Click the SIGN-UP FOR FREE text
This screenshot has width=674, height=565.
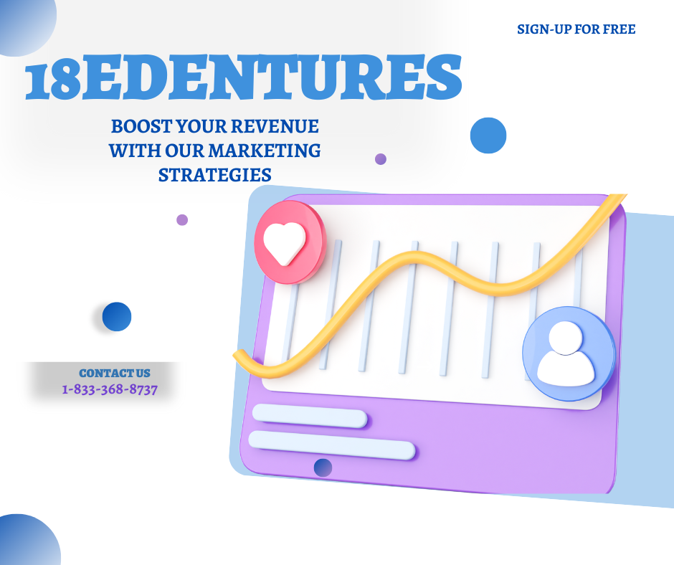click(576, 29)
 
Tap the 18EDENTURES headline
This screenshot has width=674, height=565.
click(243, 77)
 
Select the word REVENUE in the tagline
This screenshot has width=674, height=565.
click(275, 126)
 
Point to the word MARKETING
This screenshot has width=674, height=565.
click(265, 151)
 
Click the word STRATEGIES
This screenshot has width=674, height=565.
click(215, 175)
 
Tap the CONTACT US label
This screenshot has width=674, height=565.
click(115, 374)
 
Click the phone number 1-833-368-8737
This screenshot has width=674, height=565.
click(110, 389)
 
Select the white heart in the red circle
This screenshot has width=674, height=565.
click(285, 243)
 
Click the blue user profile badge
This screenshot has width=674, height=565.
click(569, 353)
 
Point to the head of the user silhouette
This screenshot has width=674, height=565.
click(566, 338)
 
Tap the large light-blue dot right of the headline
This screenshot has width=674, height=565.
click(488, 136)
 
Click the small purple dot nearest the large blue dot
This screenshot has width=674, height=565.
click(381, 159)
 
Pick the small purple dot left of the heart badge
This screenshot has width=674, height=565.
click(182, 219)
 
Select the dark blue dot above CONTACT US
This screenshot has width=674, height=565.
click(117, 316)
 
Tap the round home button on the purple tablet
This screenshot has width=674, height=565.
click(323, 467)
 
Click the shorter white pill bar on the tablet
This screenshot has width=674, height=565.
click(310, 416)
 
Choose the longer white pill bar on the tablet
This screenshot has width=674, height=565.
click(332, 445)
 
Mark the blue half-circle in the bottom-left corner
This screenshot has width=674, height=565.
click(28, 542)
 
